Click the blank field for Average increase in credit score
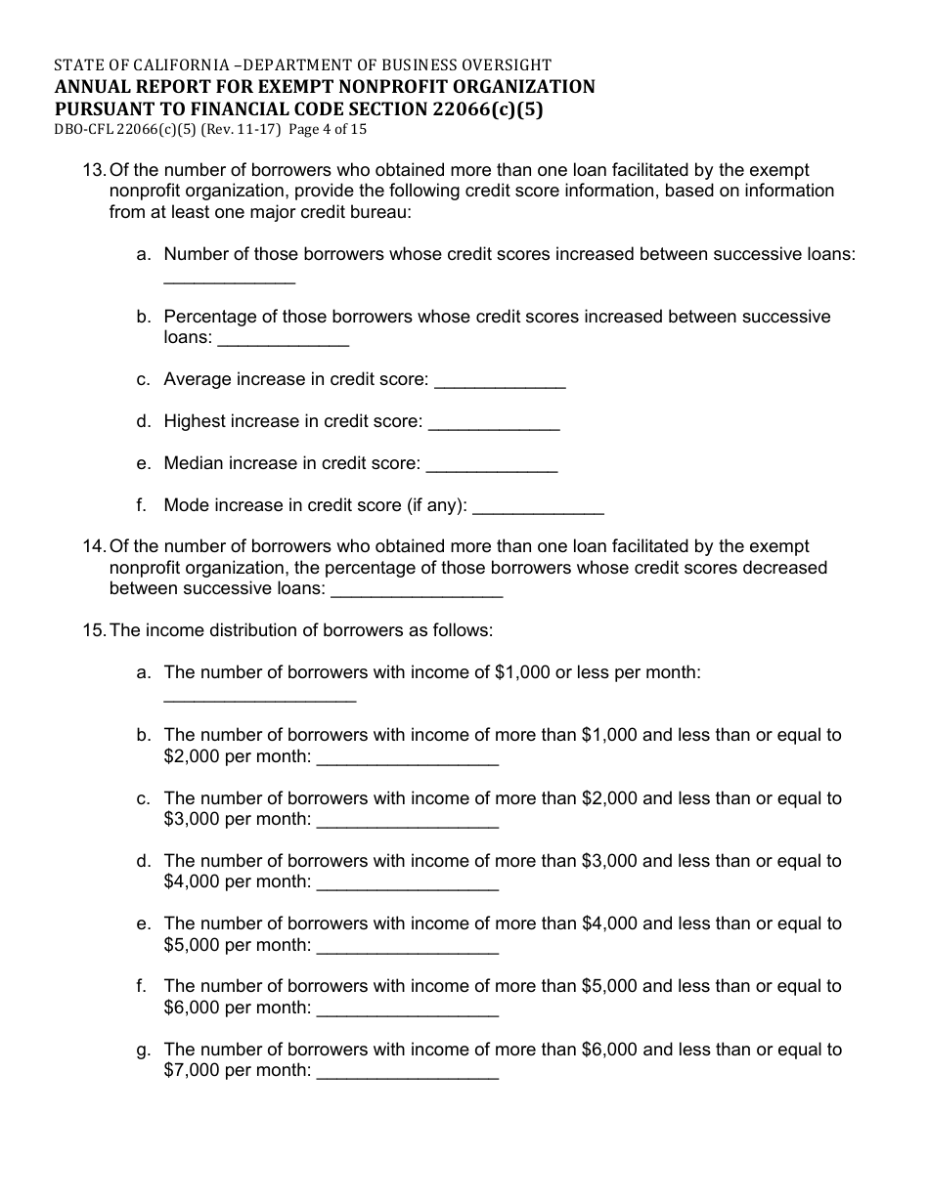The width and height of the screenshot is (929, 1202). (500, 382)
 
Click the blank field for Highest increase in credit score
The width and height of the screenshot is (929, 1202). (494, 424)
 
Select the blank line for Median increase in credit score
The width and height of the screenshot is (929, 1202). (492, 466)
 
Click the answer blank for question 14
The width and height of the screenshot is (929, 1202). (418, 591)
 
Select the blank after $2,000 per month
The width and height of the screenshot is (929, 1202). (409, 759)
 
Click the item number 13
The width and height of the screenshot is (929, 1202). (93, 170)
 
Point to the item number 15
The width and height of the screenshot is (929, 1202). (93, 630)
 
